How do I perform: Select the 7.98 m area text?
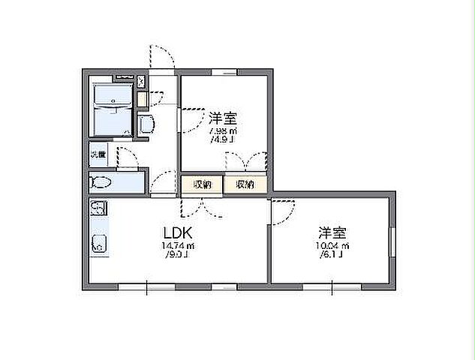(223, 130)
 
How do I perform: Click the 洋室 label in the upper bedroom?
(223, 118)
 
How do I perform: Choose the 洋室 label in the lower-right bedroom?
(330, 232)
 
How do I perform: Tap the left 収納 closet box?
(202, 184)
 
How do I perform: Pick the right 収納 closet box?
(245, 184)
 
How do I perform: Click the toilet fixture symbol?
(101, 182)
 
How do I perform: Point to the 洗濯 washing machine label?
(98, 154)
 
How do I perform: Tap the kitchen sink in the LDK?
(98, 243)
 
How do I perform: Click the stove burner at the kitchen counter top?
(98, 207)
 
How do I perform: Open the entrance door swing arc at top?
(162, 57)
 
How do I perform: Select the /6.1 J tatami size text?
(330, 255)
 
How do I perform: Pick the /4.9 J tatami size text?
(223, 139)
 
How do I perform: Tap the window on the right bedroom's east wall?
(391, 240)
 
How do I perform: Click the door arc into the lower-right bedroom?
(284, 211)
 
